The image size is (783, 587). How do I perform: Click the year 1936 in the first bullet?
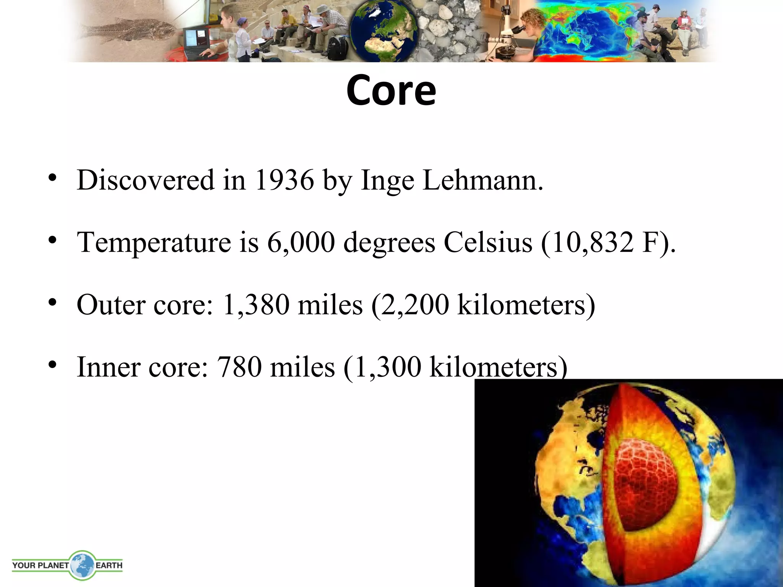point(284,180)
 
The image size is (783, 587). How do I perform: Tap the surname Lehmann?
point(482,180)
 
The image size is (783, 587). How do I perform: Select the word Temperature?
point(154,242)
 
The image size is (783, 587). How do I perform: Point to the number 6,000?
point(301,242)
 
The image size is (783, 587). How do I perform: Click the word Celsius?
point(488,242)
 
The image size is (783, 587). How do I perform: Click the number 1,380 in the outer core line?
point(255,305)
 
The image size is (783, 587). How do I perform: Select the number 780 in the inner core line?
point(239,367)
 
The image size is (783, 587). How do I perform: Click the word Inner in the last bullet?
point(108,367)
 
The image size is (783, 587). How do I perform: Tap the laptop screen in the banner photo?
point(195,40)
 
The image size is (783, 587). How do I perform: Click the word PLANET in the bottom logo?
point(53,565)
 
